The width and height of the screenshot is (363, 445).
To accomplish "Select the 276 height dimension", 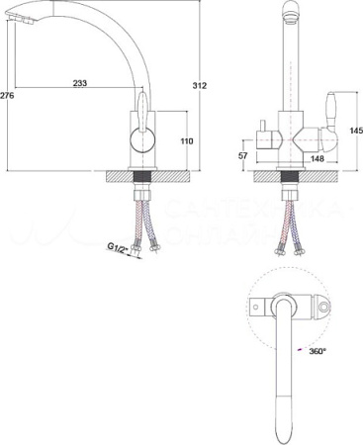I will point(7,95).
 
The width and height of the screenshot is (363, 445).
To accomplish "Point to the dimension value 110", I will point(185,141).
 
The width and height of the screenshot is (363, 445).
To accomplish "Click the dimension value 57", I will point(243,156).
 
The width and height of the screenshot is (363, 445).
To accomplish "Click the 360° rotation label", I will point(316,351).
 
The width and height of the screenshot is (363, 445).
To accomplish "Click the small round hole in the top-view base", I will point(260,308).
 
